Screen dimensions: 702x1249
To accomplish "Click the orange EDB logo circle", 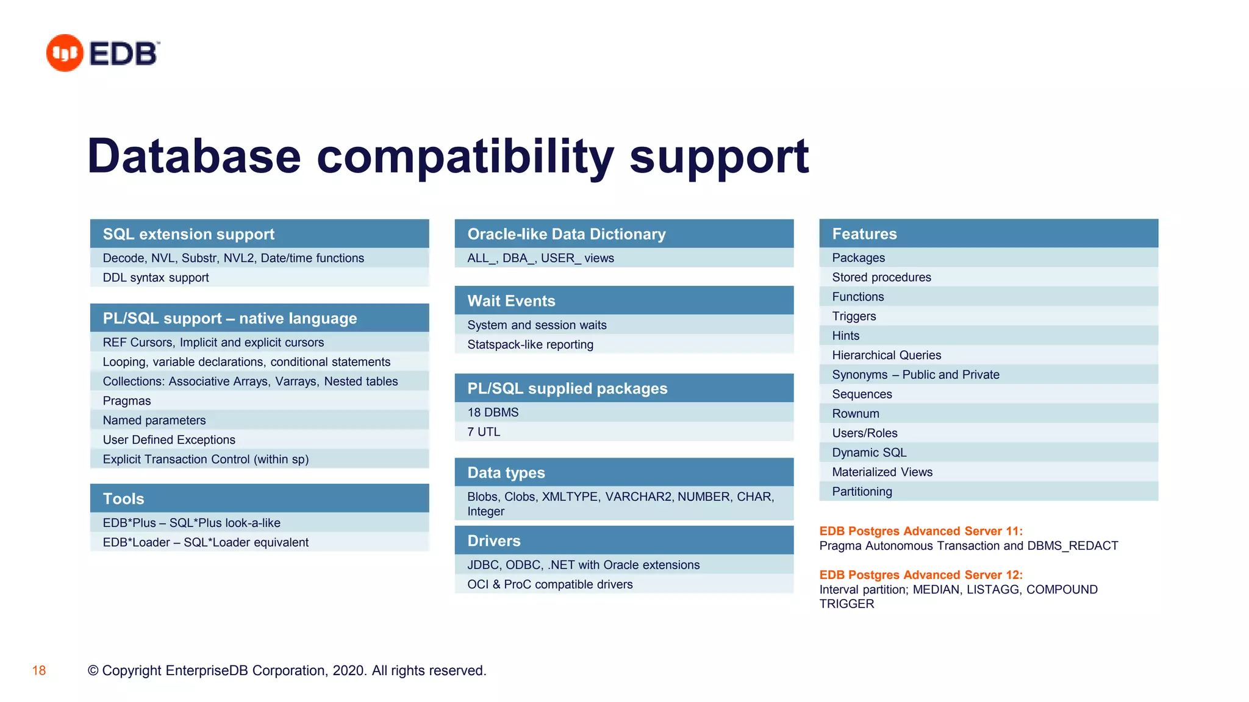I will [x=65, y=53].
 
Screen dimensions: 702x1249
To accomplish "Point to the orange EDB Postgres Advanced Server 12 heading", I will [x=920, y=575].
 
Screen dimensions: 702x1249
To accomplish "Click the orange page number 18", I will [x=39, y=671].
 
